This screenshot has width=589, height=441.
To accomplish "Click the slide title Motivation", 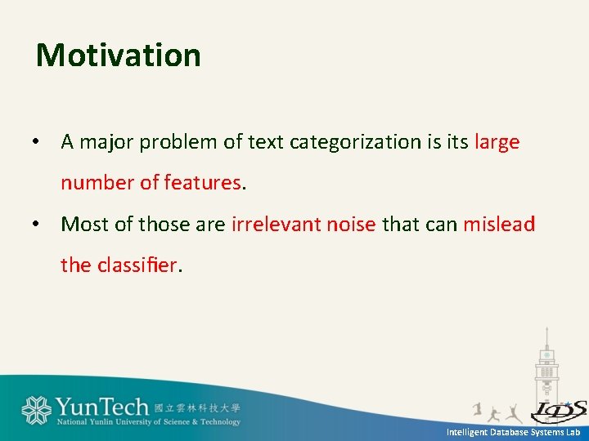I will tap(119, 56).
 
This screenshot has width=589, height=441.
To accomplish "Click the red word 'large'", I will tap(497, 142).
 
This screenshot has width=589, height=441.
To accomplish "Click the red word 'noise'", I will tap(347, 224).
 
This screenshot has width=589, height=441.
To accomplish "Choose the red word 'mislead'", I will tap(499, 224).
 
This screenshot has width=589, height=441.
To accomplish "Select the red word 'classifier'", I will tap(136, 265).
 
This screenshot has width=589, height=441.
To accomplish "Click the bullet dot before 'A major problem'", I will tap(36, 143).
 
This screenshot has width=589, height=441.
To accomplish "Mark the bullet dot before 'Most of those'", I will tap(36, 225).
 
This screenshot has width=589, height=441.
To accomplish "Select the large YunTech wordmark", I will tap(102, 407).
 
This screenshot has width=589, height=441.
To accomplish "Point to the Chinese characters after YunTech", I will tap(197, 408).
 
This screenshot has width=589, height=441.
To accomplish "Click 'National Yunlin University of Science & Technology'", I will tap(149, 422).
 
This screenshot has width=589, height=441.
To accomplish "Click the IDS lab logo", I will tap(559, 410).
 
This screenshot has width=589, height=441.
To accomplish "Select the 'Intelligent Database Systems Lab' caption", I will tap(513, 432).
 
